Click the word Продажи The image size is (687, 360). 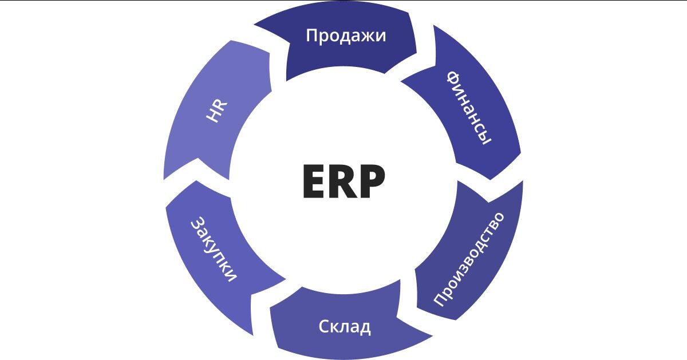click(346, 36)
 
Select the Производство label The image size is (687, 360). click(469, 259)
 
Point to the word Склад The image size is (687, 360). click(344, 327)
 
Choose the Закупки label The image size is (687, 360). click(213, 249)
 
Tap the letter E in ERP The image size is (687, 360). click(314, 182)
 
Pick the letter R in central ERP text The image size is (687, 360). click(343, 182)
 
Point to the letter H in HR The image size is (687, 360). click(213, 117)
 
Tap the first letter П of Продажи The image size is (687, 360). click(312, 35)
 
